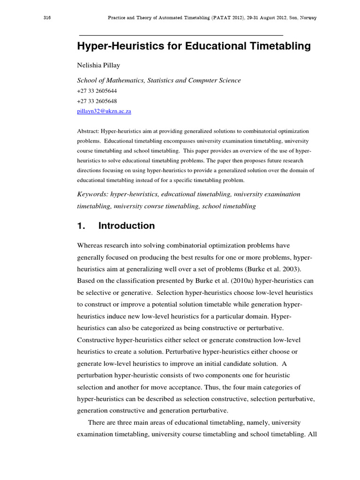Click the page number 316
pos(46,18)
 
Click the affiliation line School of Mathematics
pos(158,80)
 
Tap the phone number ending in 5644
pos(97,91)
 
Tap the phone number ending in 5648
pos(97,101)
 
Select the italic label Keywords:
pos(92,194)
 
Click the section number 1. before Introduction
pos(81,226)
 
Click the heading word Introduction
pos(126,226)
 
